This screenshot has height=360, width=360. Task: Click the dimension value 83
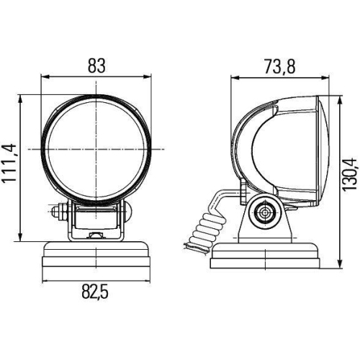pos(97,65)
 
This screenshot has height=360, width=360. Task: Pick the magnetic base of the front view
pos(96,256)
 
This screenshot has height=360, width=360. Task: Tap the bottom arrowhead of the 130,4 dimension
pos(338,266)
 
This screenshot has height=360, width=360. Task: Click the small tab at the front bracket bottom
pos(95,235)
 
